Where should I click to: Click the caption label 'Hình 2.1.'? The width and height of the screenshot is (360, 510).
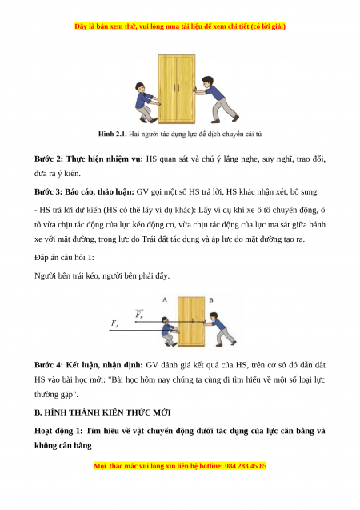coord(113,134)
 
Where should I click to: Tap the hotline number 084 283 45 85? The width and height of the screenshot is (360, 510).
coord(246,466)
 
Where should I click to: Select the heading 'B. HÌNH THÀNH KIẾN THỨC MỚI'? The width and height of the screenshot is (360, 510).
coord(102,412)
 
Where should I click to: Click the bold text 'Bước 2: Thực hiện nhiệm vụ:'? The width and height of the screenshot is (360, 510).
coord(89,159)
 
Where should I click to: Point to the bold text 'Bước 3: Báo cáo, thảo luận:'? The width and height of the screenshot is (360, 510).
coord(84,192)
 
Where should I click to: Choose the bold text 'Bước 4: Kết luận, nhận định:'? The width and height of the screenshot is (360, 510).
coord(89,365)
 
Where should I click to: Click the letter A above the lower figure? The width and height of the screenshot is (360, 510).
coord(165,299)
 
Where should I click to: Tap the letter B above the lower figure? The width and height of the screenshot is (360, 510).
coord(211,300)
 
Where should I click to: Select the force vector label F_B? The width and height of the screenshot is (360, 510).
coord(139,314)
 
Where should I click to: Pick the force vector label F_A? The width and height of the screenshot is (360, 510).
coord(114,323)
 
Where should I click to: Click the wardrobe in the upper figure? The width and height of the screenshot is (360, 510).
coord(177,89)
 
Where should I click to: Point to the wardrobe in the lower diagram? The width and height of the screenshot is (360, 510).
coord(192,321)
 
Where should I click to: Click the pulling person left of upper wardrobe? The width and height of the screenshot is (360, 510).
coord(147,102)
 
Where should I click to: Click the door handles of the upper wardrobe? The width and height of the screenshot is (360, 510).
coord(177,88)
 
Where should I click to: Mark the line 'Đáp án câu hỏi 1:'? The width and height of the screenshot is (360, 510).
coord(64,258)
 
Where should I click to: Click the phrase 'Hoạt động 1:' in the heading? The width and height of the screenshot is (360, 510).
coord(58,431)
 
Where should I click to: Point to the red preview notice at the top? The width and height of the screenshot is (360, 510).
coord(180,26)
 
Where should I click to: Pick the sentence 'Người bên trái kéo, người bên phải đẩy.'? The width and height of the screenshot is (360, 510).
coord(102,276)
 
